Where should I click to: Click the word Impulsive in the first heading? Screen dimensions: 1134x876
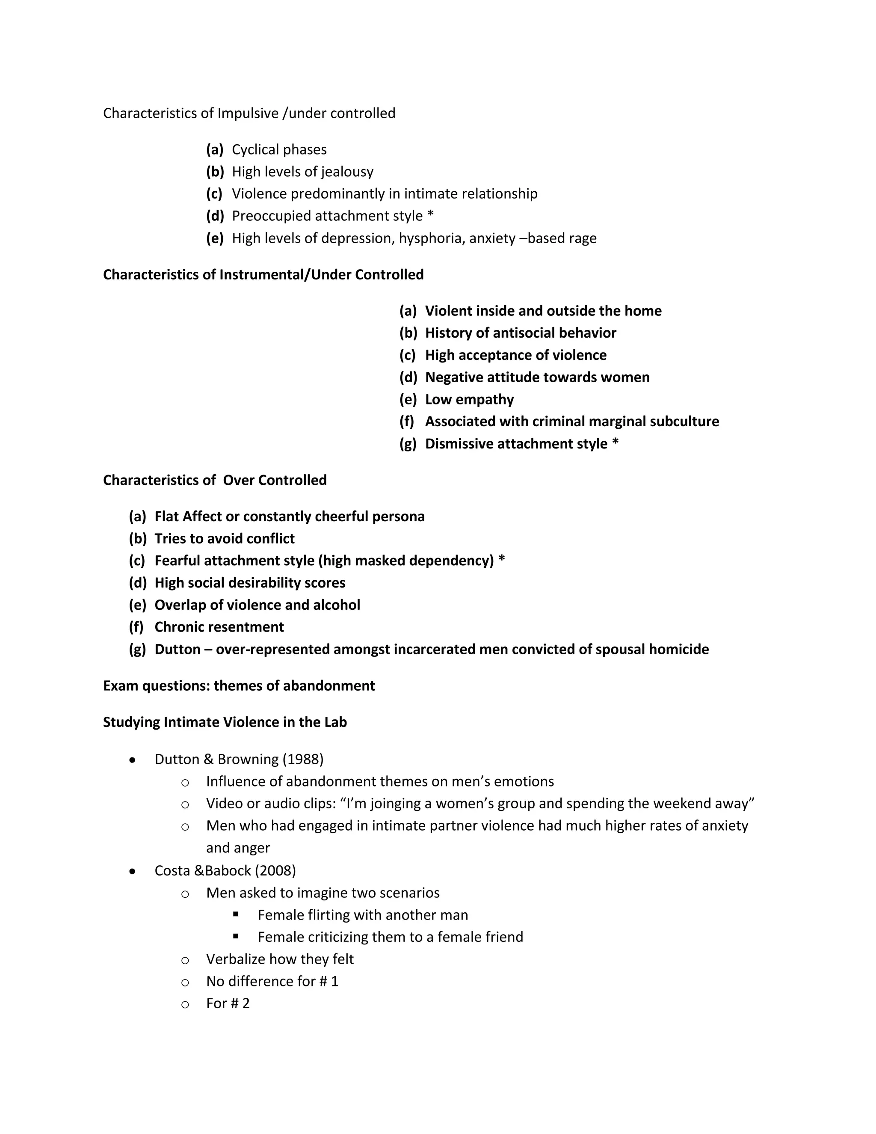point(248,113)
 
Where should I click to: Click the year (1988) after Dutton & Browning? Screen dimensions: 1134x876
point(303,760)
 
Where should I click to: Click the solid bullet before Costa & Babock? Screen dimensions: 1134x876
point(133,871)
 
